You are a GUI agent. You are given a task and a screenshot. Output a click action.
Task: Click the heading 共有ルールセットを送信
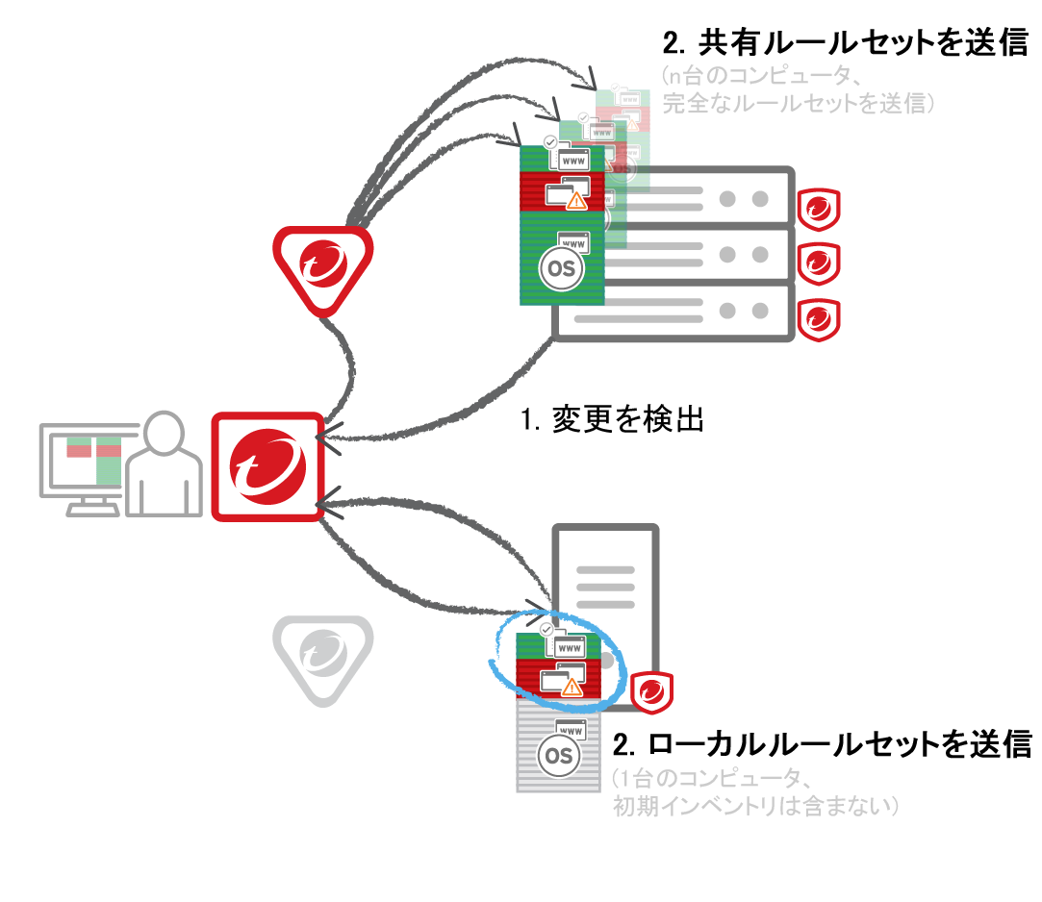point(847,43)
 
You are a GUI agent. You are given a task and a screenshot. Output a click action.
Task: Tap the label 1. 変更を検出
point(612,420)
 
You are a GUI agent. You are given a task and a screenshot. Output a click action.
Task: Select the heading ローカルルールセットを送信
point(823,743)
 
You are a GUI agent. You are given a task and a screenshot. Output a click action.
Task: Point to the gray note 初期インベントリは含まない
point(756,805)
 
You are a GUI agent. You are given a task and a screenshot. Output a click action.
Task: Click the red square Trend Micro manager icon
point(266,466)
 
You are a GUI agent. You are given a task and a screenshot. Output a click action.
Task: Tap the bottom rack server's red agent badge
point(820,317)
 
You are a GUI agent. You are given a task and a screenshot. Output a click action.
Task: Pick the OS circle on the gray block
point(558,757)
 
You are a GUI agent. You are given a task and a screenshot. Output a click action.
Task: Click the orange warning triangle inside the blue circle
point(572,687)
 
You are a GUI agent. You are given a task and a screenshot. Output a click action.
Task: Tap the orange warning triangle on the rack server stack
point(576,200)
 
